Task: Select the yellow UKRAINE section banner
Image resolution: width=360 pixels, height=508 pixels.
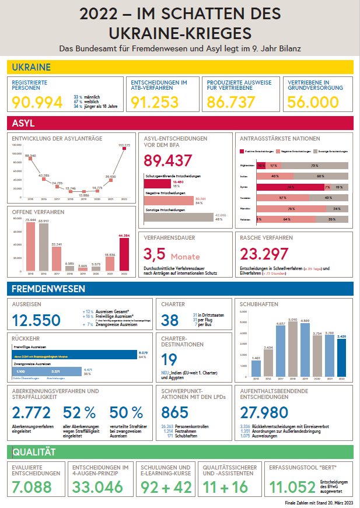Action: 180,67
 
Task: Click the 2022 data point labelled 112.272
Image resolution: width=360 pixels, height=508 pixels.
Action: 124,148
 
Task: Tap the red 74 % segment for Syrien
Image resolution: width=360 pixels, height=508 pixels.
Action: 291,187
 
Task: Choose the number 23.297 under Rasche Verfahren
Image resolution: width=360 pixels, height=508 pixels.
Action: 264,254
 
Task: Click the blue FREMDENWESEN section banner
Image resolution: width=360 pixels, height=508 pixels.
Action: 180,289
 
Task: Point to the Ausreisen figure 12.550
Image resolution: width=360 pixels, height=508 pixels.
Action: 37,320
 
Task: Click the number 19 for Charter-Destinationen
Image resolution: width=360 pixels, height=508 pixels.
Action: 169,360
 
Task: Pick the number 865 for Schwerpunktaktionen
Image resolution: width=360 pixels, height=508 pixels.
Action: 174,412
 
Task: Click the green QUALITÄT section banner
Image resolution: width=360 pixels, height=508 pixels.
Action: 180,452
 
